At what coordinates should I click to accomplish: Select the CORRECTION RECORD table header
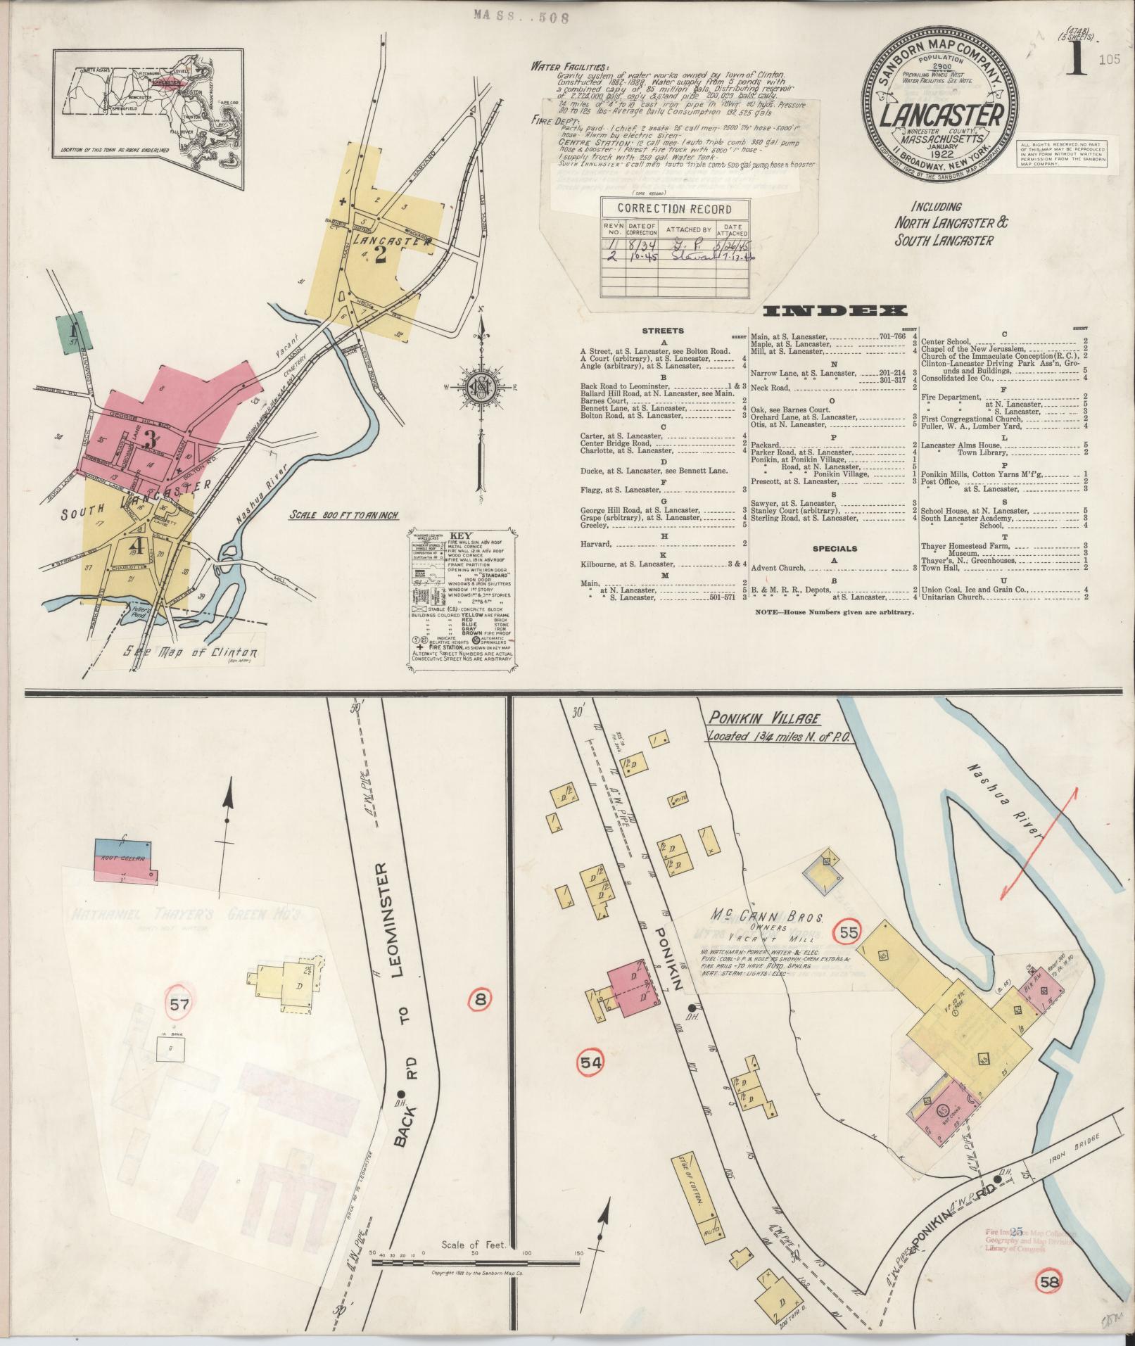(673, 209)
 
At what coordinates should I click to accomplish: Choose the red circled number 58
(1050, 1281)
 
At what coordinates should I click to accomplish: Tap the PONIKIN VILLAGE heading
(763, 719)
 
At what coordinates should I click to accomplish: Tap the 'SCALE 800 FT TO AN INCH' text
(344, 515)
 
